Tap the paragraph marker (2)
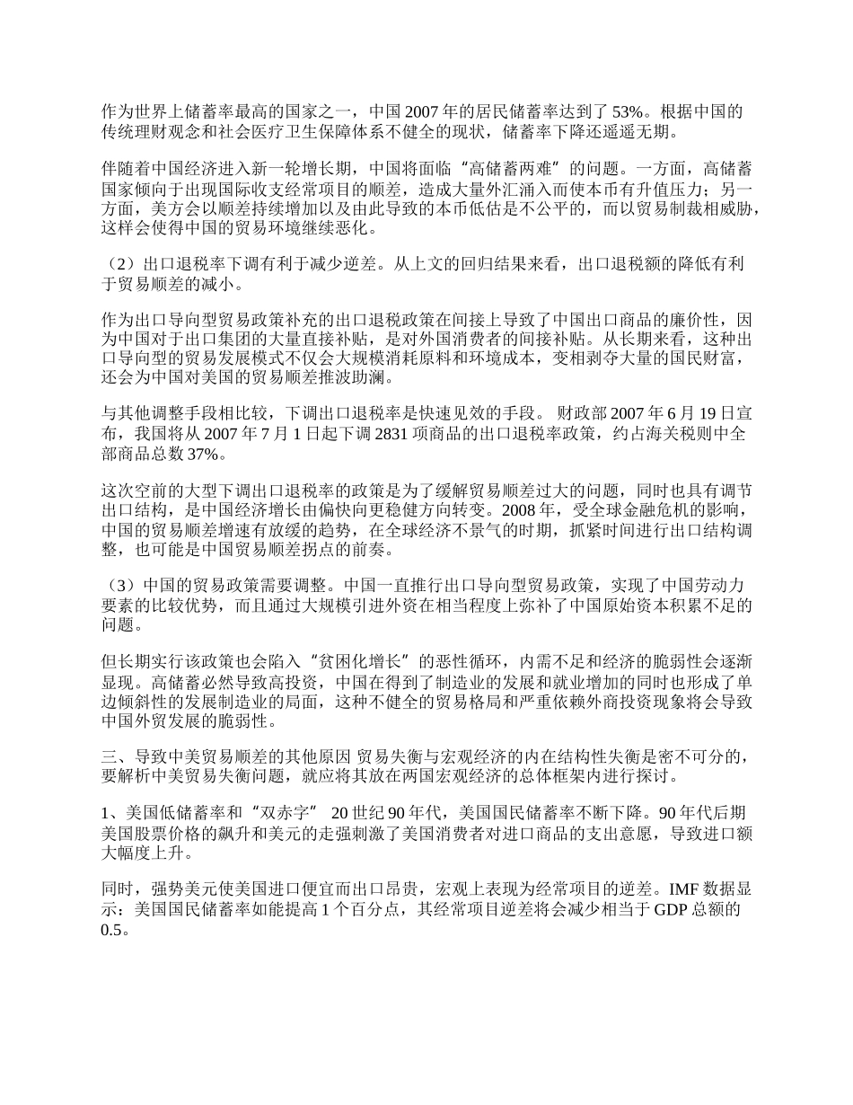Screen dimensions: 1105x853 click(x=119, y=265)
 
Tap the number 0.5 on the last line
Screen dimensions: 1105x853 click(x=111, y=930)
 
